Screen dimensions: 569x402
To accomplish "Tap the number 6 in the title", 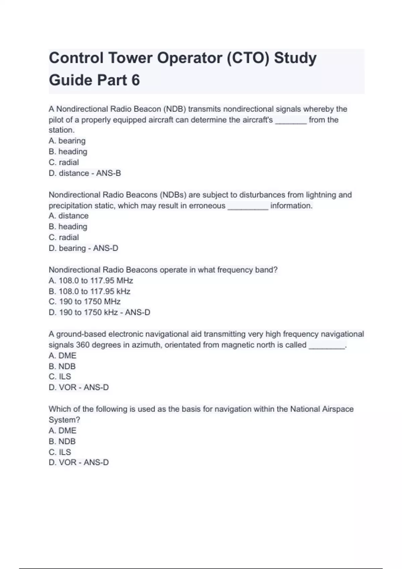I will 135,80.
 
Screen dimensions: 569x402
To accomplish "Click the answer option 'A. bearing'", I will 67,141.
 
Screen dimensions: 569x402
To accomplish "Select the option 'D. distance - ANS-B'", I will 85,173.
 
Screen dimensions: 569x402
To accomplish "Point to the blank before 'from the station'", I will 291,120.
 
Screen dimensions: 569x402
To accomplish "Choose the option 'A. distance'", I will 69,216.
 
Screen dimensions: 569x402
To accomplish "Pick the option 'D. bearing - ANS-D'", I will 83,248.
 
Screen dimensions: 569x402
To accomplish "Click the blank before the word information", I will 248,206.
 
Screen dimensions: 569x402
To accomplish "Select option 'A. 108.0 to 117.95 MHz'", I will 91,280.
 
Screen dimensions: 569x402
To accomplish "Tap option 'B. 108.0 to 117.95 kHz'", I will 89,292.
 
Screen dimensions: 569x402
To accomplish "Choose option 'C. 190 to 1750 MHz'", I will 85,302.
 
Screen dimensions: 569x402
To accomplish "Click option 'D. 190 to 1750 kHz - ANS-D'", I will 99,313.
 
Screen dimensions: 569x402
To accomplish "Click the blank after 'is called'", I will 327,346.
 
